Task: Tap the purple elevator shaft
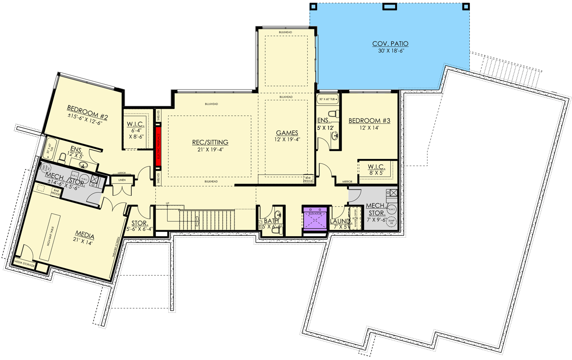click(315, 218)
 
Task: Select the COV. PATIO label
click(390, 44)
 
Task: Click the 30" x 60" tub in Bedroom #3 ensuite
click(328, 99)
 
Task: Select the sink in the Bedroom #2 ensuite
click(83, 165)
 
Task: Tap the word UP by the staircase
click(167, 203)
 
